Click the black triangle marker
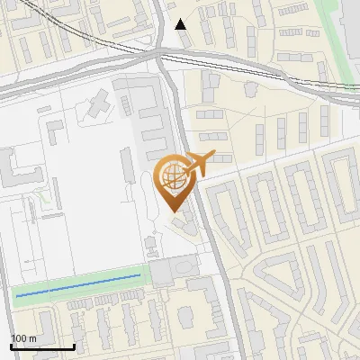[182, 24]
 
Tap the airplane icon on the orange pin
[197, 163]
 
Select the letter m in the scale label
[31, 338]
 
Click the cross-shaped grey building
[96, 109]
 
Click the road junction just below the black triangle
[160, 56]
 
